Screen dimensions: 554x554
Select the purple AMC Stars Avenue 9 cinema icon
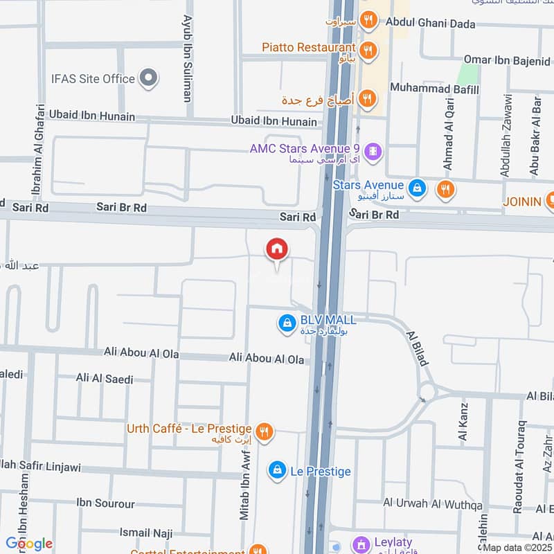pyautogui.click(x=373, y=150)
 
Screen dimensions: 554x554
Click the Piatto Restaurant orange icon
pyautogui.click(x=369, y=48)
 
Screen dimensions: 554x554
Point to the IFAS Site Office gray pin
pyautogui.click(x=148, y=78)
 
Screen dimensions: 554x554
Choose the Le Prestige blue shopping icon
pyautogui.click(x=277, y=470)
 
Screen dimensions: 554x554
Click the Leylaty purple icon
pyautogui.click(x=361, y=544)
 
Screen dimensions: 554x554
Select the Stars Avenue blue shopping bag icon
pyautogui.click(x=417, y=187)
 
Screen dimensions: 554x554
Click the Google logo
pyautogui.click(x=28, y=544)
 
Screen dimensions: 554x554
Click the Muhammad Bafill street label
pyautogui.click(x=434, y=88)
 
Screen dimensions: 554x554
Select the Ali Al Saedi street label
pyautogui.click(x=105, y=379)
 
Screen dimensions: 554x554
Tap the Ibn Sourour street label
pyautogui.click(x=106, y=503)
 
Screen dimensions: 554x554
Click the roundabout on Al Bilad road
pyautogui.click(x=427, y=392)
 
